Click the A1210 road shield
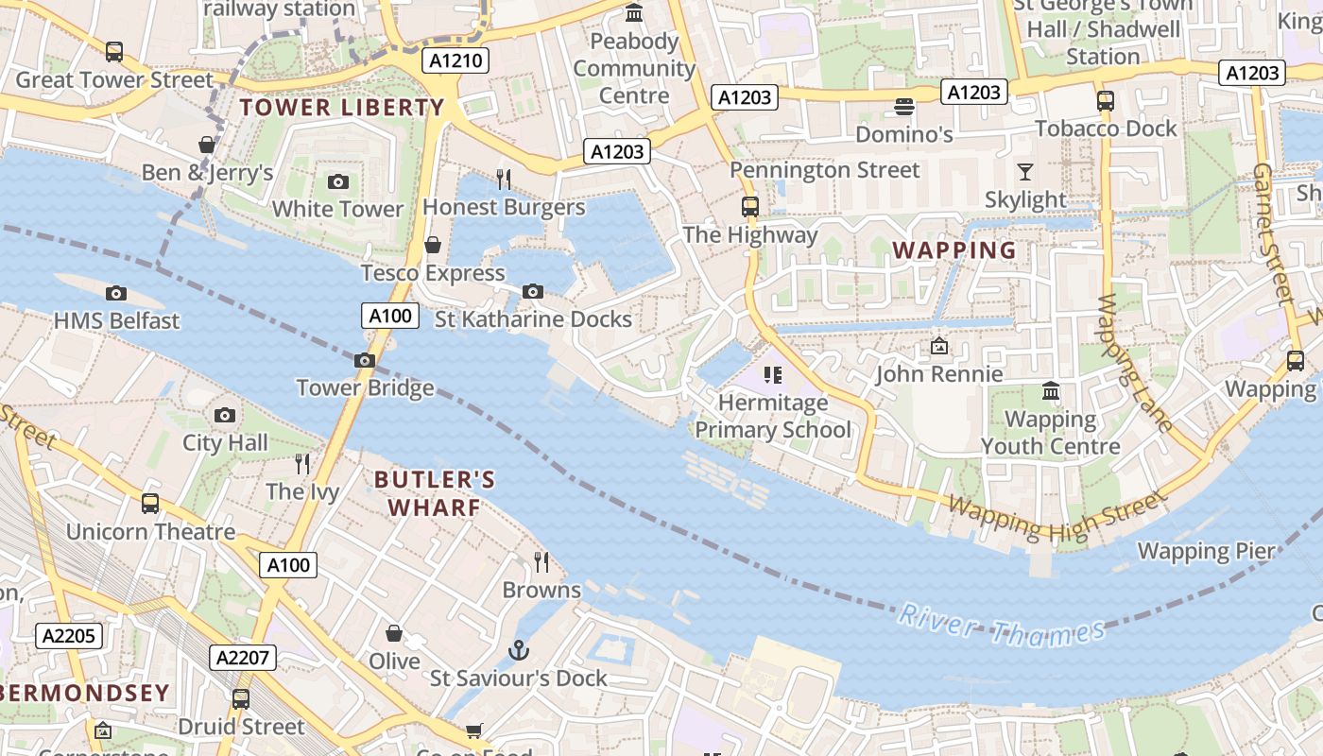click(x=455, y=61)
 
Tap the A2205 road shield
click(x=69, y=635)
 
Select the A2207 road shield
click(x=244, y=658)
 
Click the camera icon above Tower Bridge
click(x=365, y=360)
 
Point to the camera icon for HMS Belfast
click(x=116, y=293)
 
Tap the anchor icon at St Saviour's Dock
click(x=518, y=650)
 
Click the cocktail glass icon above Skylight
click(x=1024, y=172)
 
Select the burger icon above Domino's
click(x=904, y=106)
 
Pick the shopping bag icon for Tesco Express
click(x=433, y=246)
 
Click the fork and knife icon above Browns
click(x=541, y=562)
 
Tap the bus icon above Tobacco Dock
click(x=1106, y=101)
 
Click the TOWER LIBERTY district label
click(x=341, y=108)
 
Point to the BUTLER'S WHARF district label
click(x=435, y=493)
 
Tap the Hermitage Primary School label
click(x=773, y=416)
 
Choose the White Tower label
click(x=337, y=209)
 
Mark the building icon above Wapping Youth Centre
click(x=1050, y=390)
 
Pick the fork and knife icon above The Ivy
click(x=302, y=463)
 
